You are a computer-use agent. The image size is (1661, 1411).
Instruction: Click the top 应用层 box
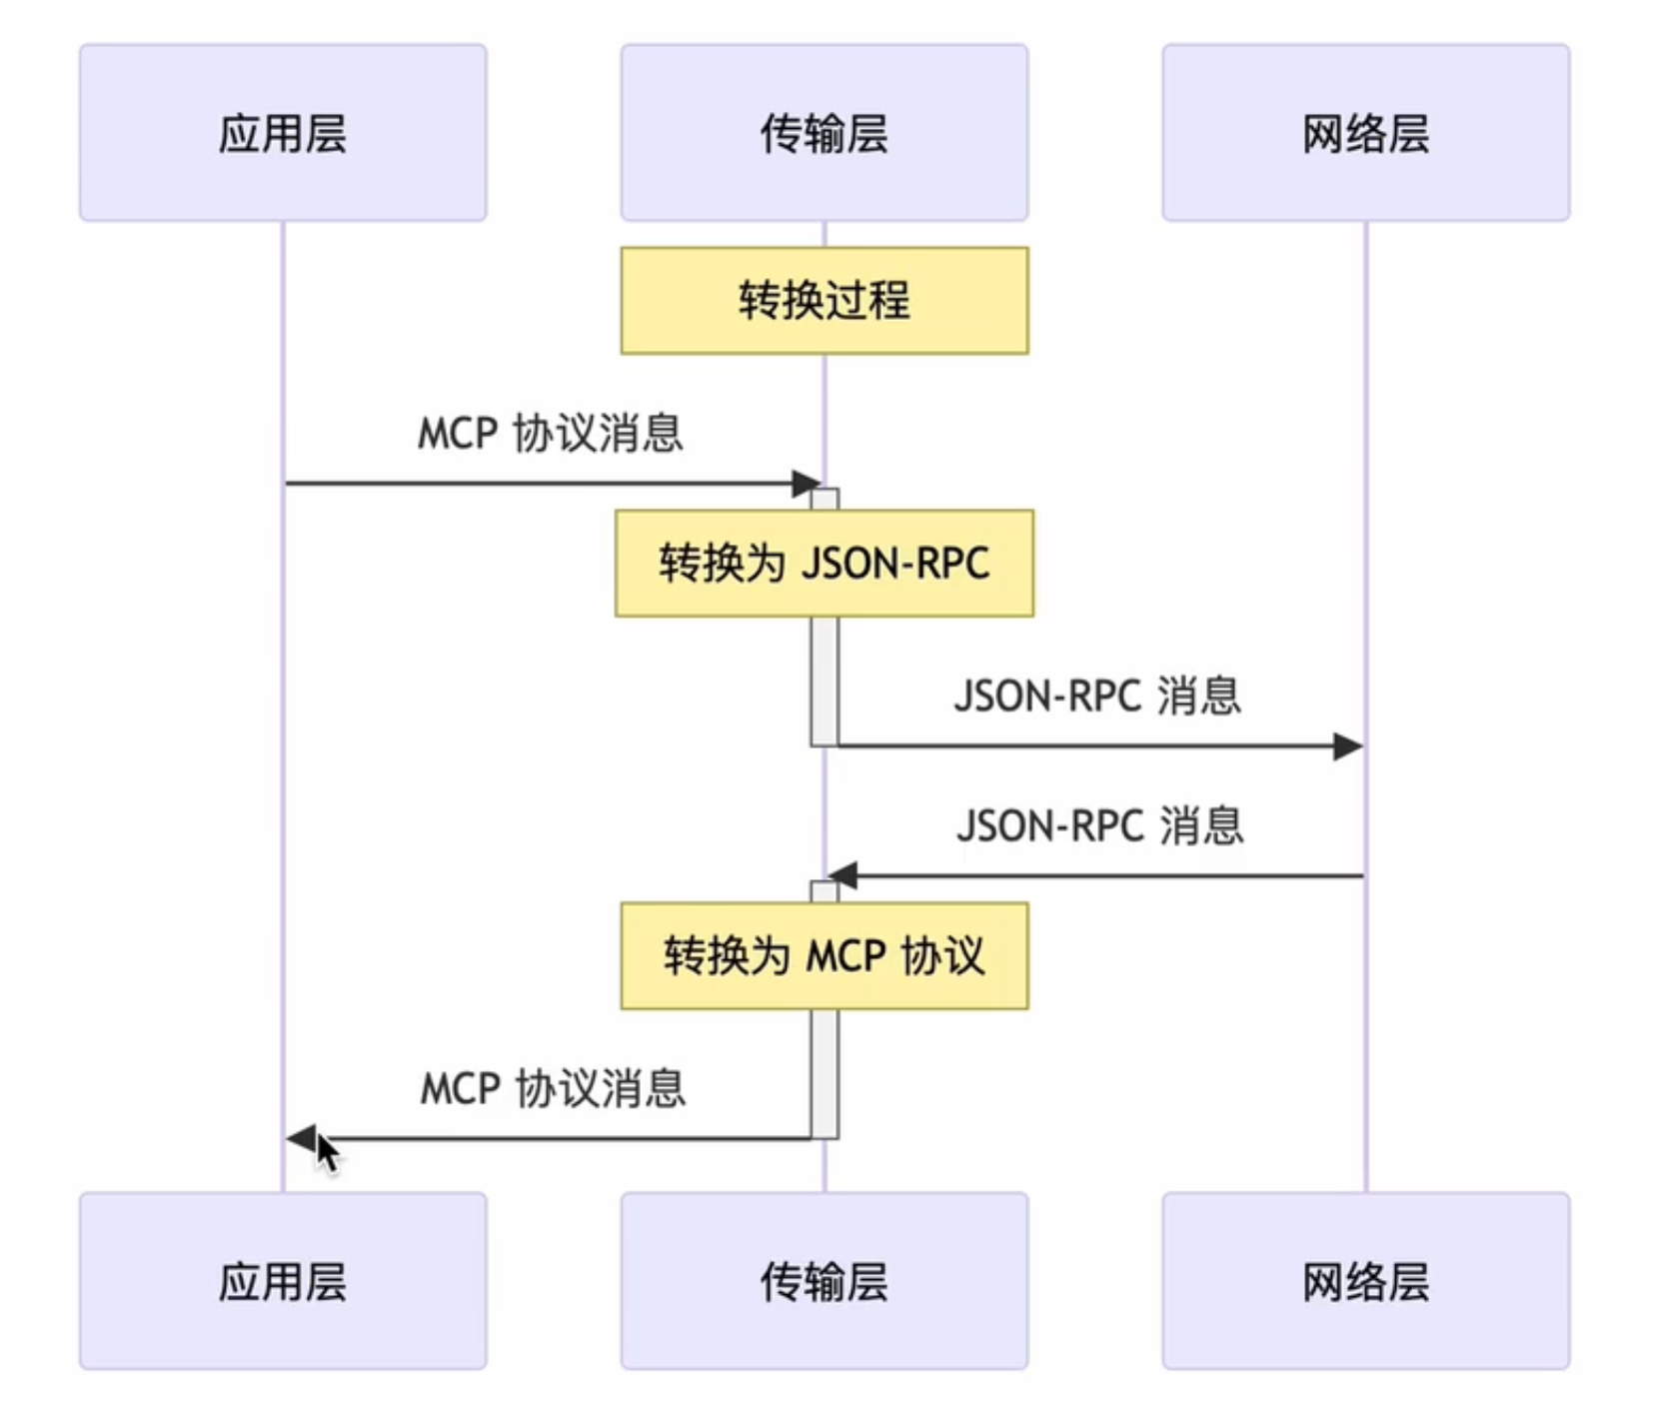(283, 132)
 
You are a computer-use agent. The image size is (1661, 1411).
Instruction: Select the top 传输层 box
(824, 132)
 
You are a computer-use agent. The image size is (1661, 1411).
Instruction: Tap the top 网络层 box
(1365, 132)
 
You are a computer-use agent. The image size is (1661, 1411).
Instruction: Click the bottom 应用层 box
(283, 1280)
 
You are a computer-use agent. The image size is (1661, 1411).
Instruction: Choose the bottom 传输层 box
(824, 1280)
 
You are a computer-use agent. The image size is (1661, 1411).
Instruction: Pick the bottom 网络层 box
(1365, 1280)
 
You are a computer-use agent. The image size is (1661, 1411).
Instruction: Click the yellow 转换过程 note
(824, 301)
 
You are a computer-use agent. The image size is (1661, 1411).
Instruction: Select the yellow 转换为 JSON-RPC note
(824, 564)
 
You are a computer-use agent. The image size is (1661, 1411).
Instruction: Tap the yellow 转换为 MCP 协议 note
(824, 956)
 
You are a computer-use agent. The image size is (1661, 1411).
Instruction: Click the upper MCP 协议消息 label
(550, 434)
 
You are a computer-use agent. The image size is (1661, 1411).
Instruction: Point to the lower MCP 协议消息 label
(553, 1088)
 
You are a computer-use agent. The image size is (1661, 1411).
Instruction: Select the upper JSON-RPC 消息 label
(1097, 696)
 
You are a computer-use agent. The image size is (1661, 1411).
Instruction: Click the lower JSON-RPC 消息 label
(1099, 826)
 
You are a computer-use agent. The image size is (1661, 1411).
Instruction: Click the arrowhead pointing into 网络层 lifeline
(1348, 745)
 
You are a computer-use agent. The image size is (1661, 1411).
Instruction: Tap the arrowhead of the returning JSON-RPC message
(842, 876)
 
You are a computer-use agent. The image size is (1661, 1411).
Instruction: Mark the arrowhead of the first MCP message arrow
(806, 484)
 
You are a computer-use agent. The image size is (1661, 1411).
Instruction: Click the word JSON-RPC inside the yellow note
(895, 564)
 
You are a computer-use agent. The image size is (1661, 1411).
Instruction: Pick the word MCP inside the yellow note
(845, 956)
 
